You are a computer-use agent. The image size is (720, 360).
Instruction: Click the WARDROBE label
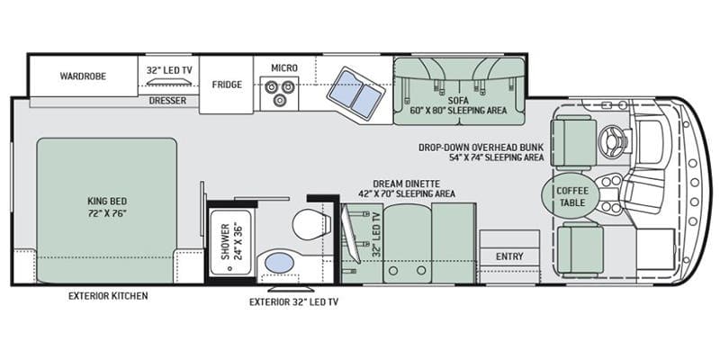(x=83, y=76)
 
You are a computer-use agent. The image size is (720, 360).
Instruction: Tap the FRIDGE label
(x=227, y=85)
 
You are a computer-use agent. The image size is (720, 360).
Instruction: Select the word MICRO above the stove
(x=284, y=68)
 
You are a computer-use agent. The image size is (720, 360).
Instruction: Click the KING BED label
(x=107, y=201)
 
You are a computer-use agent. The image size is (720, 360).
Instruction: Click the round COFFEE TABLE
(x=571, y=196)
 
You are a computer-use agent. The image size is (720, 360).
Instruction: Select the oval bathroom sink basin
(x=280, y=263)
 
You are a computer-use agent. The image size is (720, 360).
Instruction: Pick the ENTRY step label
(x=509, y=256)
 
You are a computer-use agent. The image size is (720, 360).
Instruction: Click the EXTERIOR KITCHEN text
(x=108, y=296)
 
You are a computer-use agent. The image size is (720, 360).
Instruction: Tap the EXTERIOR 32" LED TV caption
(x=294, y=302)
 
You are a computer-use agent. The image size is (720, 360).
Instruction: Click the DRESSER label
(x=167, y=101)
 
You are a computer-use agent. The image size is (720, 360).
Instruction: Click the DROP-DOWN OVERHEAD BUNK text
(x=481, y=148)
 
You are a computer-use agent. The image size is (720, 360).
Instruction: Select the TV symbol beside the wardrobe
(x=168, y=81)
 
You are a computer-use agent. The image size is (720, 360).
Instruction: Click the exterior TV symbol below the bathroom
(x=291, y=289)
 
